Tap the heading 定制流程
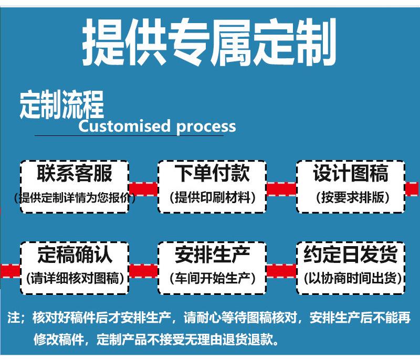(x=61, y=104)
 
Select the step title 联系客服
(x=75, y=173)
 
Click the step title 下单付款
(x=212, y=173)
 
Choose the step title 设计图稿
(x=351, y=173)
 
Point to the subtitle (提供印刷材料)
(x=212, y=197)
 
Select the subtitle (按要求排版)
(x=351, y=197)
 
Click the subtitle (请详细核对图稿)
(x=75, y=278)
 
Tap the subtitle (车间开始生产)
(x=212, y=278)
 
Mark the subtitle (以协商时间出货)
(x=351, y=278)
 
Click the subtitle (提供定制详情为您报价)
(x=75, y=198)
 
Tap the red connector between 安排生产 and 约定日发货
(x=281, y=270)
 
